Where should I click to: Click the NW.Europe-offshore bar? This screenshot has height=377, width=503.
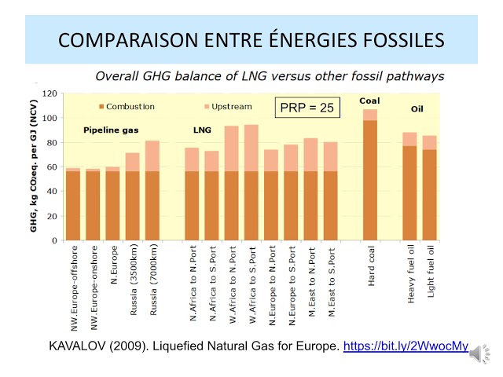pyautogui.click(x=73, y=204)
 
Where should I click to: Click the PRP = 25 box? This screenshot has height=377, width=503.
pyautogui.click(x=308, y=107)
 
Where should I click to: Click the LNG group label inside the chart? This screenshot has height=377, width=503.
pyautogui.click(x=203, y=130)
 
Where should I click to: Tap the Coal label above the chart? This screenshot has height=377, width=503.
pyautogui.click(x=369, y=101)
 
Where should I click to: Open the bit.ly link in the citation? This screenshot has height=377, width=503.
pyautogui.click(x=406, y=346)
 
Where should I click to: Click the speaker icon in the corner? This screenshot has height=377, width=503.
pyautogui.click(x=477, y=355)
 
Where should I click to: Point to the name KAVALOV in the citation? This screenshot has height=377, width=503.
pyautogui.click(x=76, y=346)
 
